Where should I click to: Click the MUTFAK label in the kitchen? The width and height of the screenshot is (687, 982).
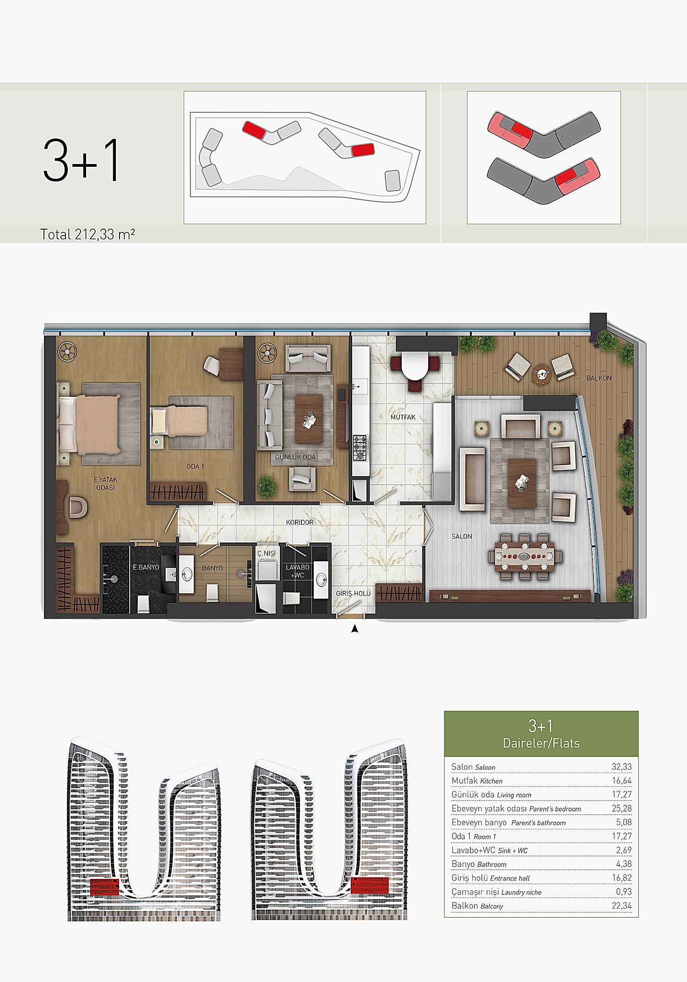coord(403,417)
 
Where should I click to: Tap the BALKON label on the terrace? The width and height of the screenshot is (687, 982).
coord(599,378)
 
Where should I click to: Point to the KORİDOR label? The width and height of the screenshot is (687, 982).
coord(300,522)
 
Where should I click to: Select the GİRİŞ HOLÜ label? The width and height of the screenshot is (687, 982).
coord(353,593)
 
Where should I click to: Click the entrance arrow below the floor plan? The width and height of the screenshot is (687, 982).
coord(354,629)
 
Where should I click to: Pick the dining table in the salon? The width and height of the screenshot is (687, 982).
coord(525,557)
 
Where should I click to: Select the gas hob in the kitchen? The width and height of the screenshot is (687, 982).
coord(360,447)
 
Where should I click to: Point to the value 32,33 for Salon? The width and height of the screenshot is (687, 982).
coord(622,767)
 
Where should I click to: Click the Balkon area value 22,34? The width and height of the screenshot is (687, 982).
coord(622,905)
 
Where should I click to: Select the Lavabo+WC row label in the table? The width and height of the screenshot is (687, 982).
coord(489,850)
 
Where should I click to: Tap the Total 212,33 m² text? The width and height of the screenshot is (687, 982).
coord(87,234)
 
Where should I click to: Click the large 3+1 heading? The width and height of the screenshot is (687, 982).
coord(82,160)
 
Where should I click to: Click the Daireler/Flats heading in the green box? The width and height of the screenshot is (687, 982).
coord(541,743)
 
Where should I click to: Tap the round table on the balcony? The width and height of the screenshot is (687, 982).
coord(542,373)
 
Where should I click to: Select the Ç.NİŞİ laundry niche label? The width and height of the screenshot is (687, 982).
coord(266,553)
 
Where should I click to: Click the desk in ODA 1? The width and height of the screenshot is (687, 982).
coord(231,364)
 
